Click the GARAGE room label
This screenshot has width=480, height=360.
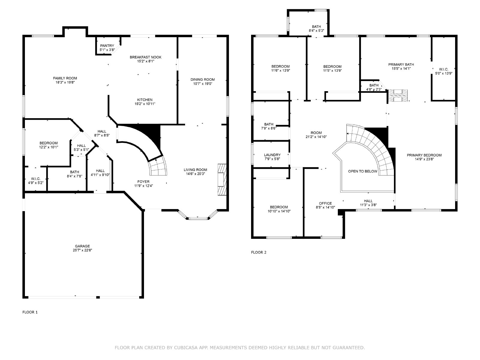click(x=82, y=246)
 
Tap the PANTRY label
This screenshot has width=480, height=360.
click(x=107, y=46)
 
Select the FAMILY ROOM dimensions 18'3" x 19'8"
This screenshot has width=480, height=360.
click(x=65, y=82)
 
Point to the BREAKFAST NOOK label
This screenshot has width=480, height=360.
click(x=145, y=57)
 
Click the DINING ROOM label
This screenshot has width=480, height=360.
click(x=203, y=79)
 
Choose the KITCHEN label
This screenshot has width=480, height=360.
click(x=145, y=100)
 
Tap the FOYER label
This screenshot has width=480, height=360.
click(x=143, y=181)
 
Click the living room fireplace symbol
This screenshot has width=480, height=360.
click(x=222, y=179)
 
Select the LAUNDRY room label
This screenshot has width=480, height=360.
click(x=272, y=155)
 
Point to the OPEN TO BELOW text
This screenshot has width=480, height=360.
click(x=363, y=171)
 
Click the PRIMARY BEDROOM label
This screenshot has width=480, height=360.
click(x=424, y=155)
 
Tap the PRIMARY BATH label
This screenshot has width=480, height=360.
click(x=401, y=64)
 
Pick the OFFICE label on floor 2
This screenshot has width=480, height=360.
click(x=325, y=203)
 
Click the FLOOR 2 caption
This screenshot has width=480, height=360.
click(x=259, y=253)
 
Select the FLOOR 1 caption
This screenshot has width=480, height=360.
click(x=30, y=312)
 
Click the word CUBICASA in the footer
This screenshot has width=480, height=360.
click(x=186, y=347)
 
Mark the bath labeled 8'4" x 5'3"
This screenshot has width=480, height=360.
click(x=316, y=28)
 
